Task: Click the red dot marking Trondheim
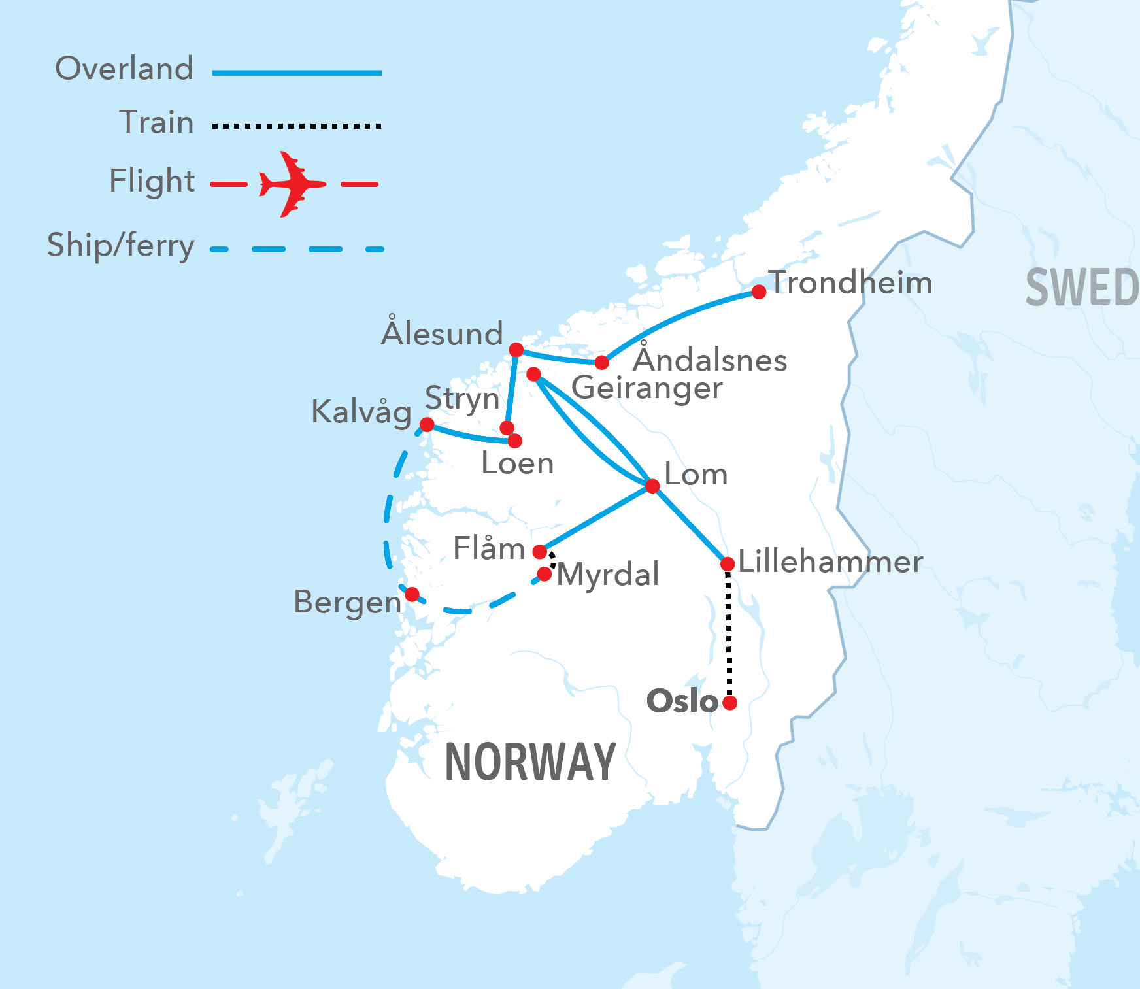[x=758, y=292]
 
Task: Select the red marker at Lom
[x=652, y=486]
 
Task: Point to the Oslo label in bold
[x=682, y=701]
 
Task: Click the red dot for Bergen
[x=412, y=594]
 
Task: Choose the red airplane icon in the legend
[x=292, y=184]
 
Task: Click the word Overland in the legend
[x=124, y=69]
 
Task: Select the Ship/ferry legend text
[x=121, y=246]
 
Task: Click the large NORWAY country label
[x=530, y=762]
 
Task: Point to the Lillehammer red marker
[x=727, y=563]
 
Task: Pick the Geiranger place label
[x=646, y=388]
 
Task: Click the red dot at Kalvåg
[x=426, y=424]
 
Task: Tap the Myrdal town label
[x=608, y=575]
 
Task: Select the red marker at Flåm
[x=539, y=552]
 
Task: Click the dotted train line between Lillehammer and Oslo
[x=729, y=634]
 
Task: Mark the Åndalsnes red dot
[x=601, y=362]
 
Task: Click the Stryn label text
[x=461, y=399]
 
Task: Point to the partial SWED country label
[x=1082, y=288]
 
